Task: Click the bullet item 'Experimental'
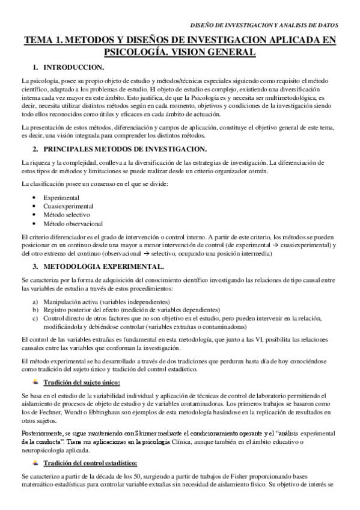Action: [60, 197]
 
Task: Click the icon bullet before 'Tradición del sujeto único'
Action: [36, 381]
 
